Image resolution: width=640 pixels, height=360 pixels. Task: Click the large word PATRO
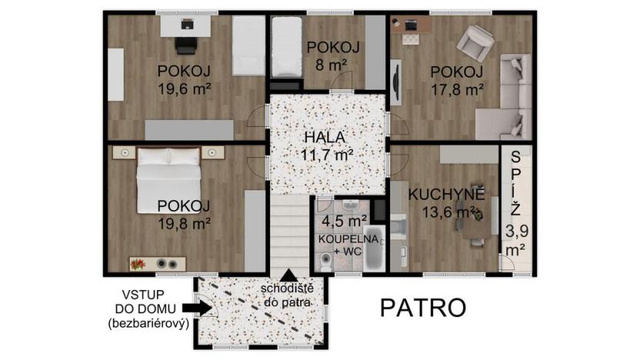click(x=423, y=308)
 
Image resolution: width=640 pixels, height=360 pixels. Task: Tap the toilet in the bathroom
click(x=327, y=262)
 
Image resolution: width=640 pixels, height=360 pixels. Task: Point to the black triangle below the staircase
click(x=288, y=274)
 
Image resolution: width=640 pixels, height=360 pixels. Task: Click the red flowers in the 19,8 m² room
click(x=138, y=264)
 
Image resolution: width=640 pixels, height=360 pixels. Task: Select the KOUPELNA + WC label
click(x=348, y=245)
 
